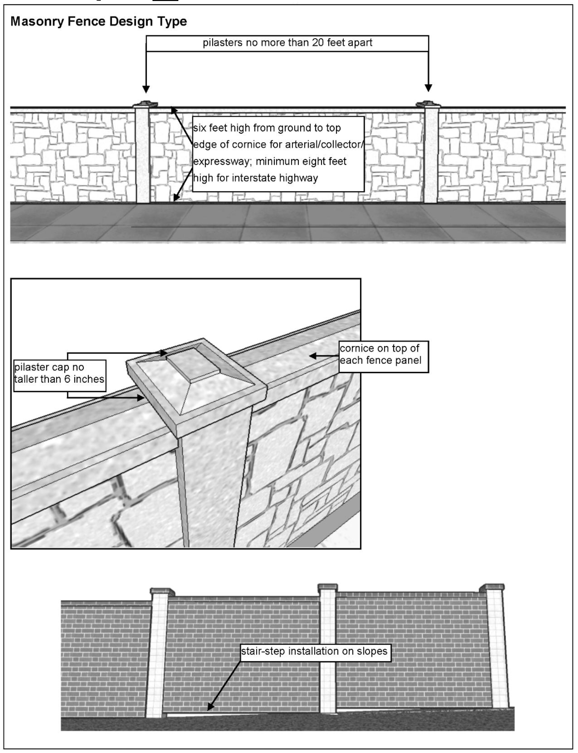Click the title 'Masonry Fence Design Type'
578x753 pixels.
98,21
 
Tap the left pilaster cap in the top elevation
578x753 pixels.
146,104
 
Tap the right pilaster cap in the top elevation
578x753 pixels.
428,104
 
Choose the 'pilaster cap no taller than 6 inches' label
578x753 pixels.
59,374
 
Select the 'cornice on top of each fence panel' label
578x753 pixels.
383,355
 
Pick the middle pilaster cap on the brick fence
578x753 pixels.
327,587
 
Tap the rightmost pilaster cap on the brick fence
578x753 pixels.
492,587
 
